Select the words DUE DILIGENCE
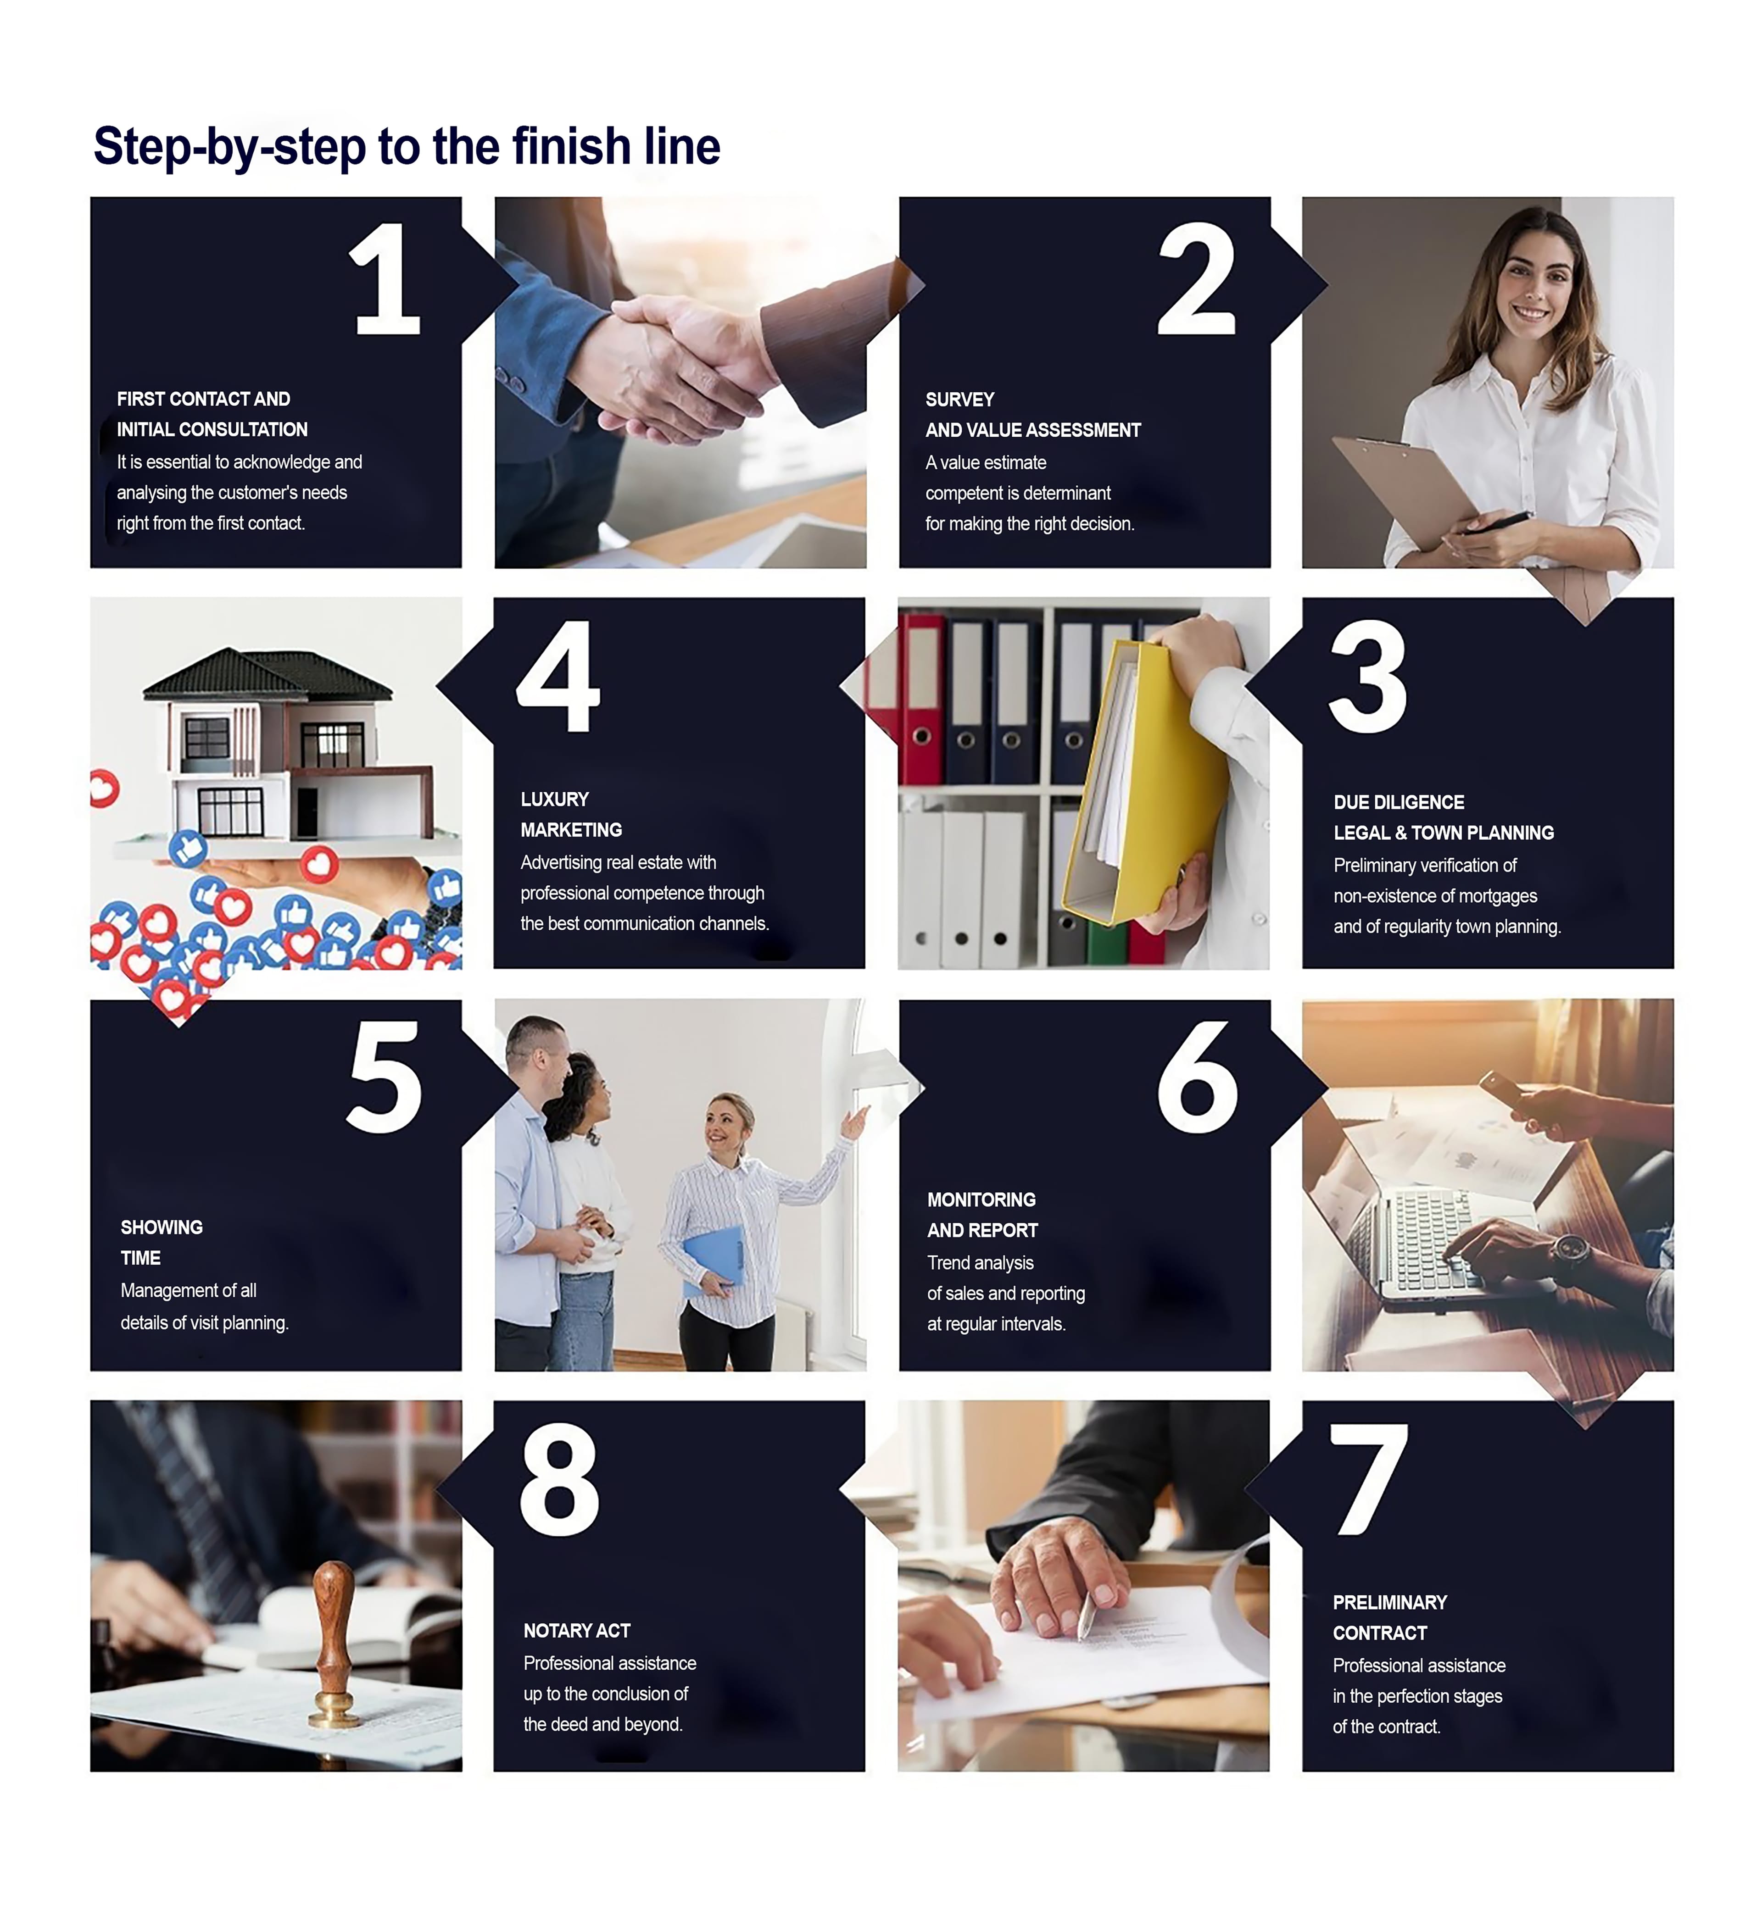pyautogui.click(x=1399, y=802)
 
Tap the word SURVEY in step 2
pyautogui.click(x=959, y=400)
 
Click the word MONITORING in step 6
pyautogui.click(x=981, y=1200)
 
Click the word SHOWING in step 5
pyautogui.click(x=162, y=1227)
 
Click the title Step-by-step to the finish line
pyautogui.click(x=407, y=146)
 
